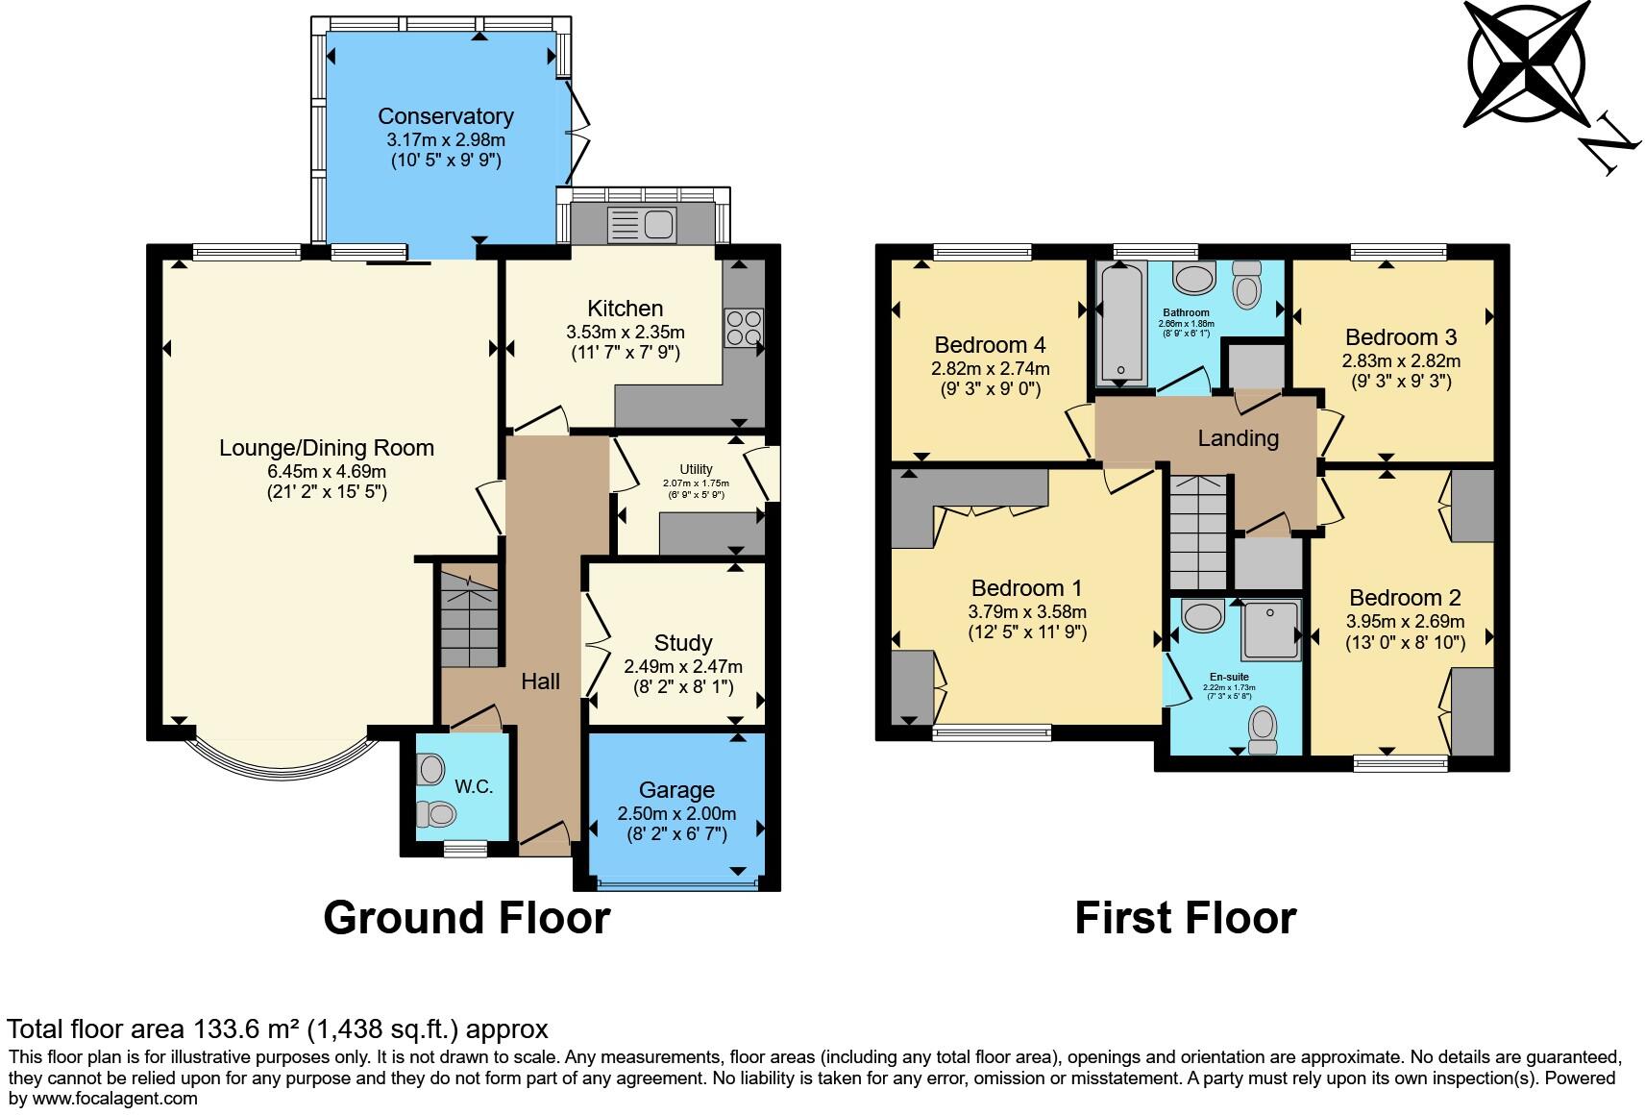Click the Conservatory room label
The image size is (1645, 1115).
tap(445, 116)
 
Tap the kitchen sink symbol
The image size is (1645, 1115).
tap(643, 224)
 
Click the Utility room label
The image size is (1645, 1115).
tap(696, 469)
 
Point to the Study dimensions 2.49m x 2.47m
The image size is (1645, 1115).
tap(682, 666)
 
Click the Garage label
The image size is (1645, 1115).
tap(676, 790)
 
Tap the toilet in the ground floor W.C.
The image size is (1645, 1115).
tap(435, 814)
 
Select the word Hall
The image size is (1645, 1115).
tap(540, 681)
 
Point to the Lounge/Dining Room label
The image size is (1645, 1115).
tap(327, 448)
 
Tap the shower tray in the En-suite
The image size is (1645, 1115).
tap(1271, 631)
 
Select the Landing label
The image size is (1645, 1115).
tap(1238, 438)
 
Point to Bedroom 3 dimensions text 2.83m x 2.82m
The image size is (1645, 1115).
tap(1401, 361)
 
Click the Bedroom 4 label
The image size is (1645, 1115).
tap(990, 345)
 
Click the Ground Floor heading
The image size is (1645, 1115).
tap(466, 918)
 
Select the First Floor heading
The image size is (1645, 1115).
tap(1185, 918)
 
